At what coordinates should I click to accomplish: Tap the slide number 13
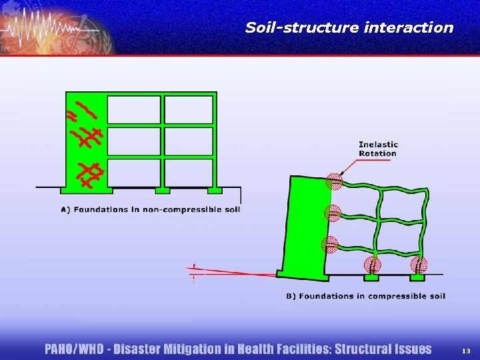click(x=466, y=351)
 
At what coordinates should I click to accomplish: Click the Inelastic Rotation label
click(x=378, y=149)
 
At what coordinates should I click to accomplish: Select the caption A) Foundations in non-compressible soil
click(x=150, y=209)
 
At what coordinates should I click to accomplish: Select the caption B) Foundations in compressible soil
click(x=365, y=296)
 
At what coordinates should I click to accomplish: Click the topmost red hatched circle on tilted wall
click(x=334, y=181)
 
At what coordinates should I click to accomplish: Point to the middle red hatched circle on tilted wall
click(x=332, y=213)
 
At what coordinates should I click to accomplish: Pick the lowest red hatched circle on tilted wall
click(x=329, y=245)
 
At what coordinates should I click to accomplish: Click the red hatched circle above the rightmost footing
click(x=419, y=265)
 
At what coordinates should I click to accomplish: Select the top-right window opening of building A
click(x=188, y=110)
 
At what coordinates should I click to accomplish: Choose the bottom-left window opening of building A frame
click(x=134, y=172)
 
